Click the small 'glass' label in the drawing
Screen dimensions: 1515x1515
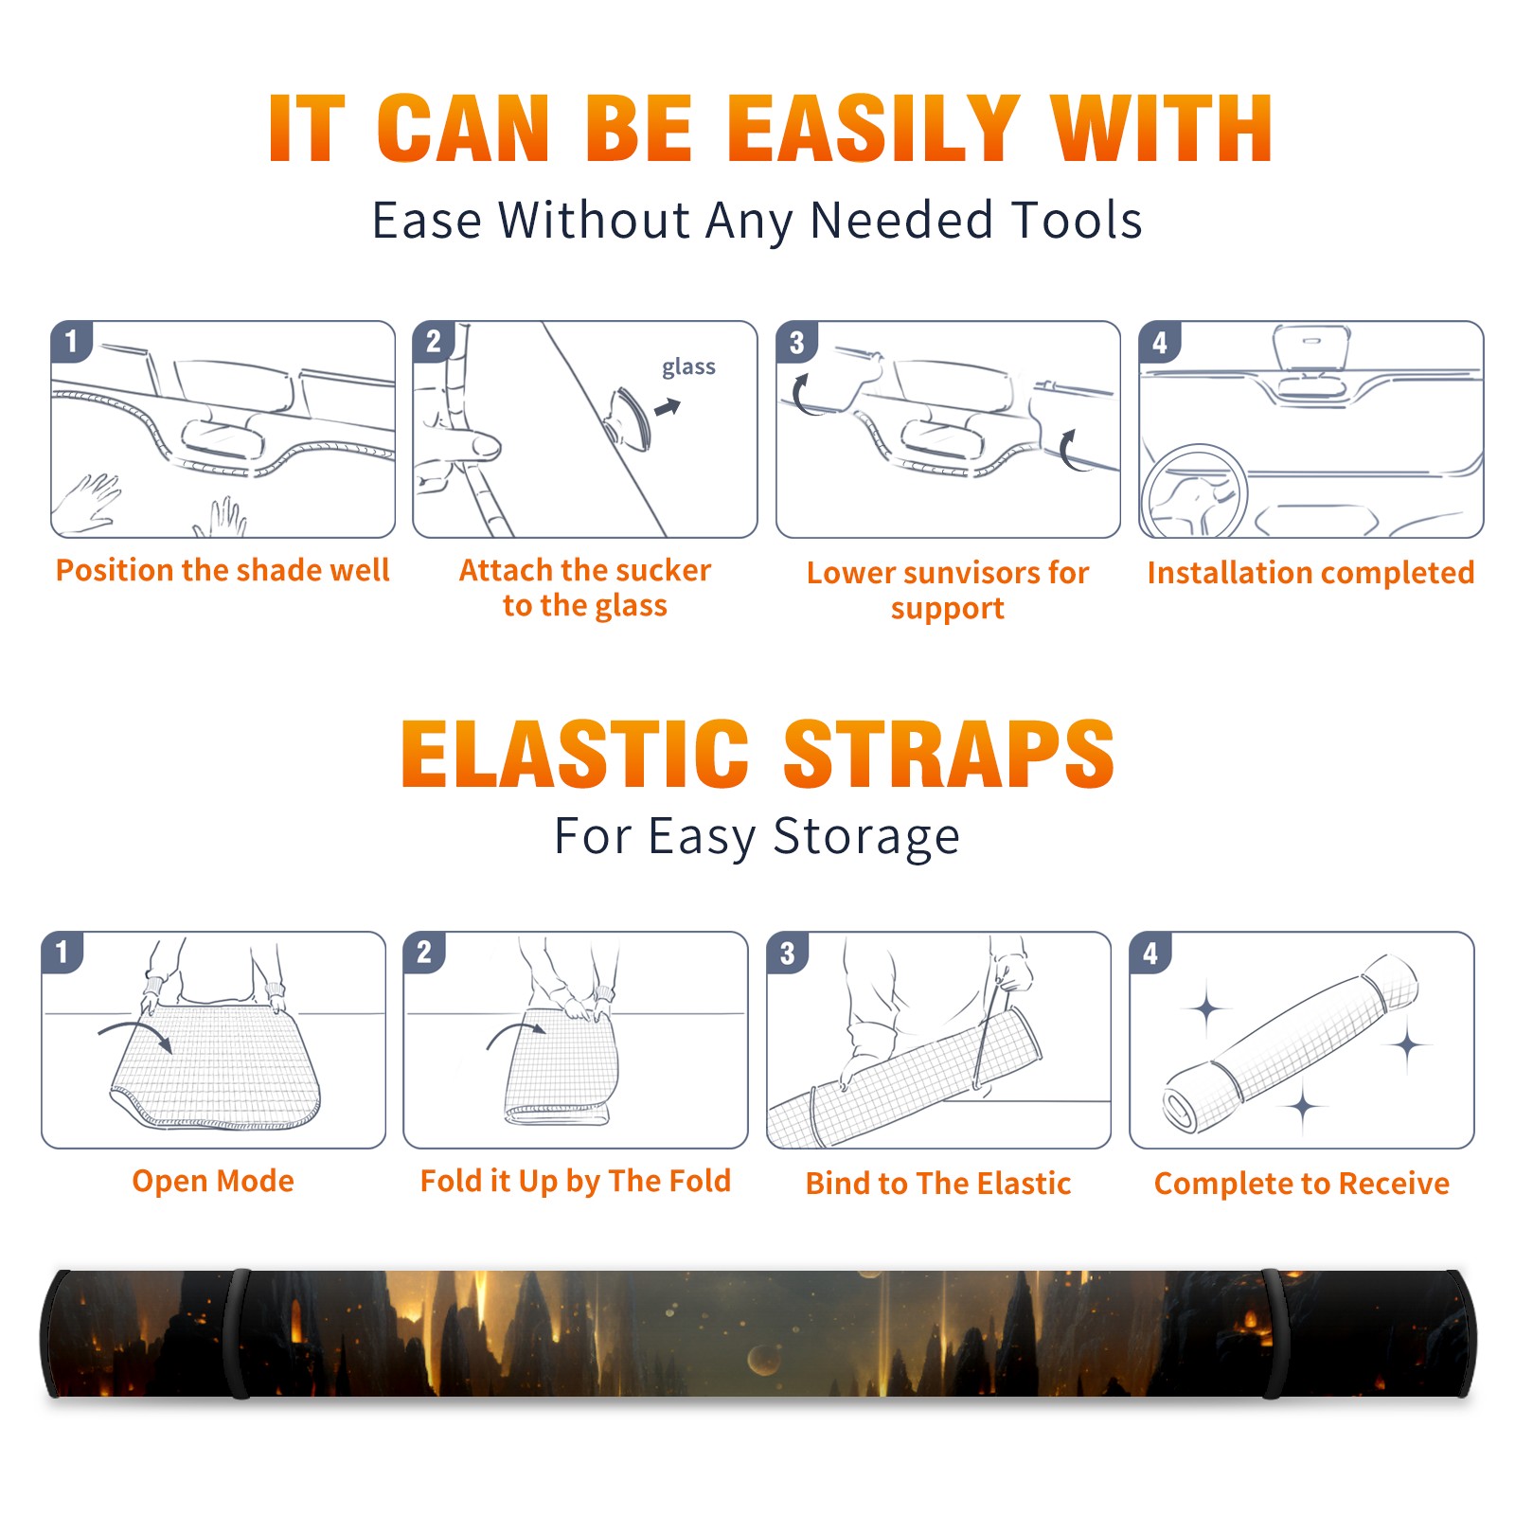click(x=688, y=367)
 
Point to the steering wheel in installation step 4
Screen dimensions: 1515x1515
click(x=1194, y=492)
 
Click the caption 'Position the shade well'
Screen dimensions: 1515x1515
click(x=223, y=570)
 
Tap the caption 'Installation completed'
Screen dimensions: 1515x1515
click(x=1310, y=573)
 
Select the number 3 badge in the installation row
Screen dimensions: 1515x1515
click(x=796, y=342)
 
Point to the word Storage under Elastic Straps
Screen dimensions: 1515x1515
click(x=866, y=837)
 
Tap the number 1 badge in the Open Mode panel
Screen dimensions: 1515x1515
click(x=62, y=952)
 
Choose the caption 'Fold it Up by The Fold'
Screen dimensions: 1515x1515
click(x=576, y=1181)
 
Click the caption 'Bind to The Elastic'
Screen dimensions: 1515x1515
click(x=938, y=1184)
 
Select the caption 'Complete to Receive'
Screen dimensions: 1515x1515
click(x=1302, y=1184)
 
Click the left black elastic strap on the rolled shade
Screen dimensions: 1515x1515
click(x=239, y=1333)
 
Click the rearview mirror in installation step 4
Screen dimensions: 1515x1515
click(x=1310, y=348)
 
